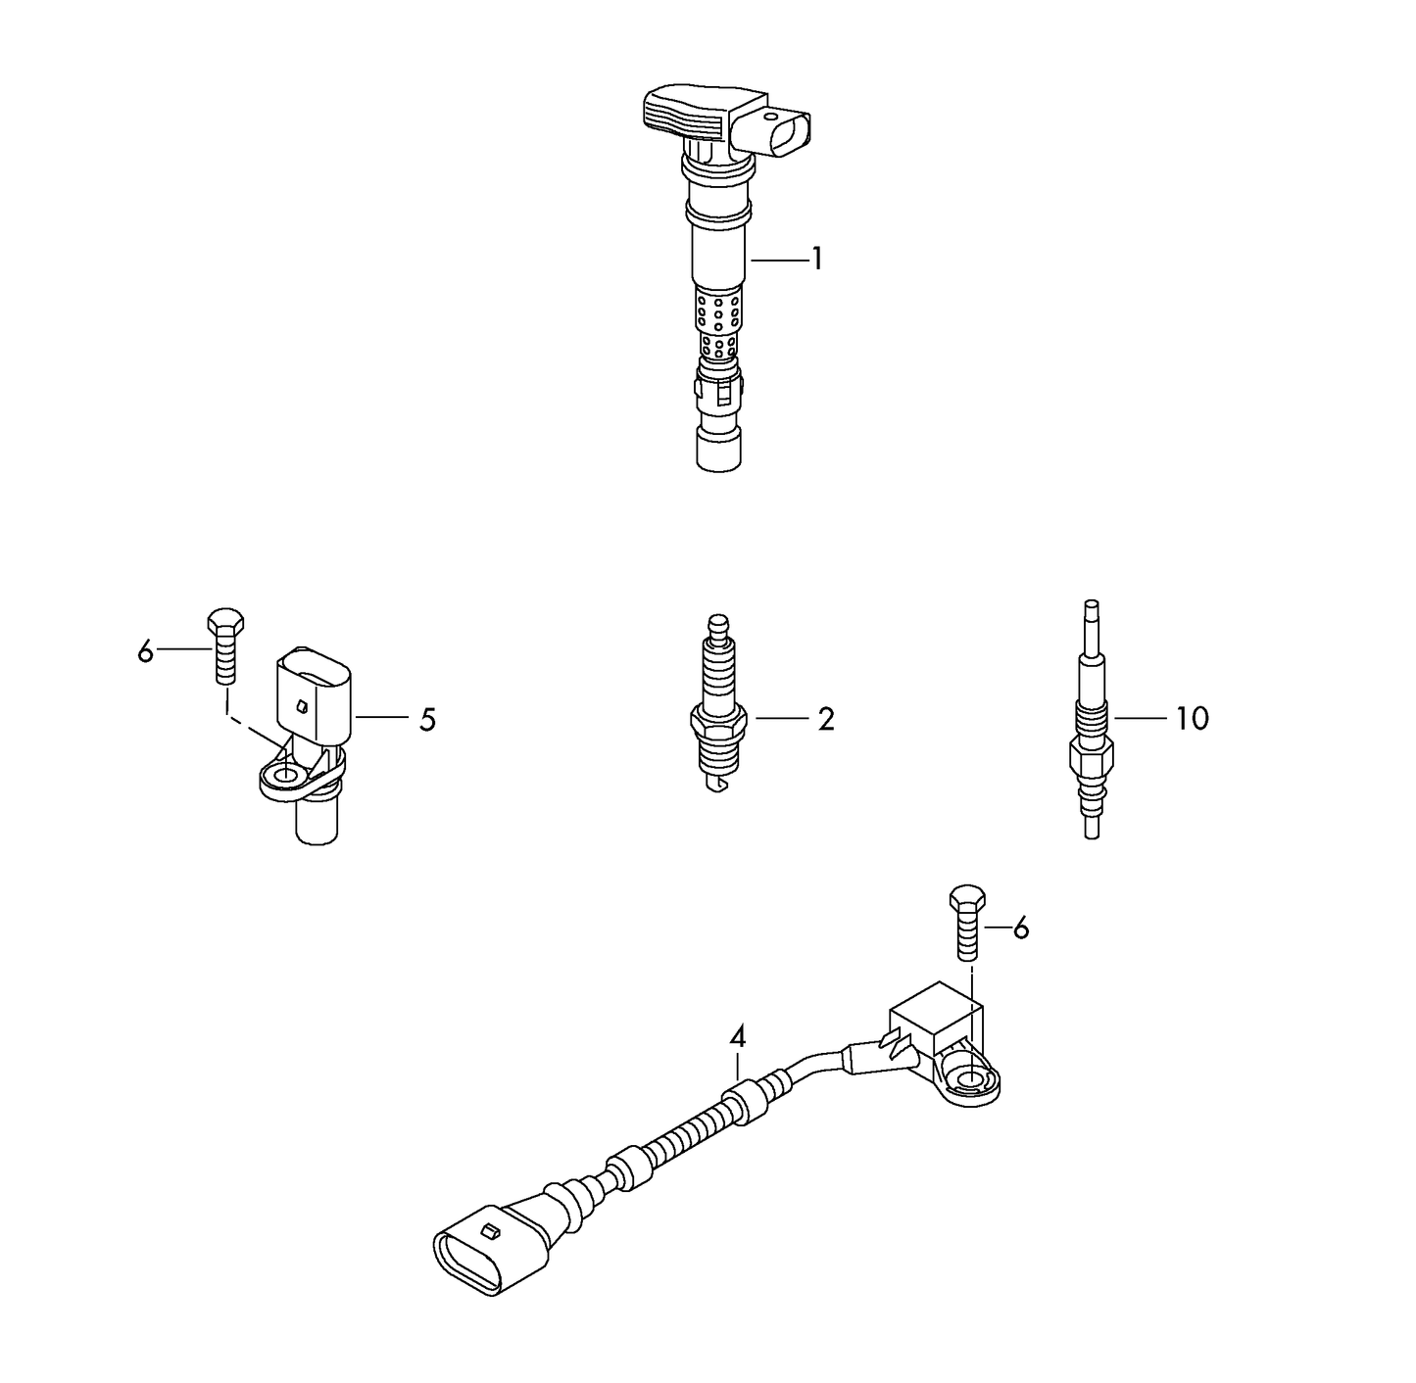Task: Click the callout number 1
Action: click(x=816, y=260)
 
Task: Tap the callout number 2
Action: click(x=826, y=720)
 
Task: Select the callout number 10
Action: click(x=1192, y=720)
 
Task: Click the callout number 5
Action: click(x=427, y=720)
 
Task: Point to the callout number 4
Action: click(x=737, y=1036)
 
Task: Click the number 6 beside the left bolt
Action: click(x=146, y=651)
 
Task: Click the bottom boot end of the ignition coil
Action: click(x=718, y=450)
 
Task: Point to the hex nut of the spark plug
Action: click(x=718, y=727)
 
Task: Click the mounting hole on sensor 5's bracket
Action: click(x=285, y=778)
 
